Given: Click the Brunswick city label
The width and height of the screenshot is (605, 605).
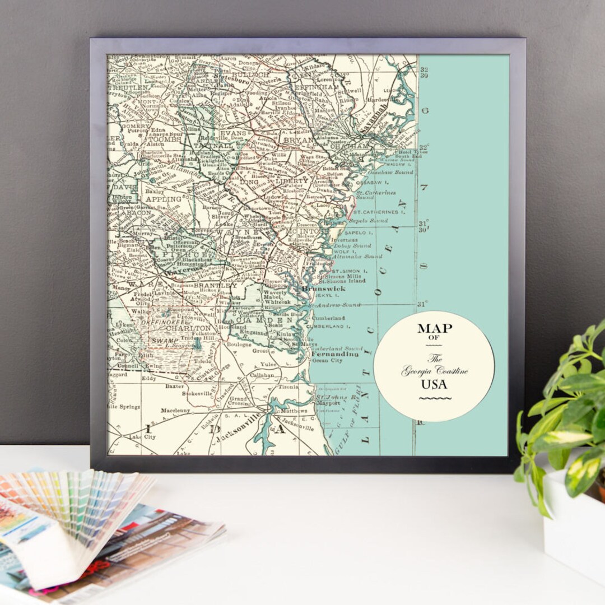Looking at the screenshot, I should [x=323, y=288].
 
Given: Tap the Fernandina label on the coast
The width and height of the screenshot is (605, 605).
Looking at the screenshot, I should [x=334, y=354].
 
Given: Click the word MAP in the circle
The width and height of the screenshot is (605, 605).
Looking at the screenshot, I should [x=434, y=329].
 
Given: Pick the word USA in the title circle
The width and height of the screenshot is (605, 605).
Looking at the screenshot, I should [x=434, y=384].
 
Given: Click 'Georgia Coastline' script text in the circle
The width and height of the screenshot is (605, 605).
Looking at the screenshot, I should [x=434, y=371].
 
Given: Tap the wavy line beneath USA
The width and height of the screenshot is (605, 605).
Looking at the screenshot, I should [x=435, y=399].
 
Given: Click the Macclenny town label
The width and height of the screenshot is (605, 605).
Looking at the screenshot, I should [x=175, y=410].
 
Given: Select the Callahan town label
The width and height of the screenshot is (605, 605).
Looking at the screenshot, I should [x=262, y=375].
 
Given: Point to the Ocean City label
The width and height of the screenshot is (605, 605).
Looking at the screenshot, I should [x=327, y=361].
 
